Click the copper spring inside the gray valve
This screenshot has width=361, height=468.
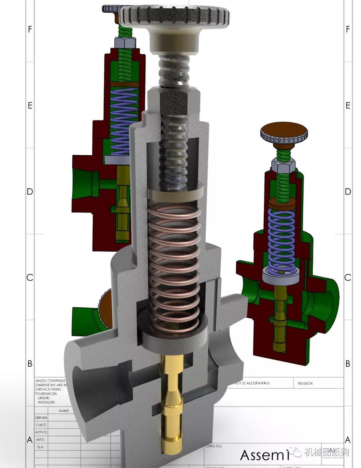(174, 261)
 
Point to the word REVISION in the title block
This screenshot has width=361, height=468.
(305, 383)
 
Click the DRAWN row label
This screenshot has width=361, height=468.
(41, 418)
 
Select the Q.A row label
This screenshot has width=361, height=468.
(40, 447)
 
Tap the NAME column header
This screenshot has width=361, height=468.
(64, 410)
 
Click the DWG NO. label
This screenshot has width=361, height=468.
(214, 446)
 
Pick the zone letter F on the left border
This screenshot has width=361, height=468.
(30, 29)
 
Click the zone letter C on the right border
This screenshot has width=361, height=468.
(348, 278)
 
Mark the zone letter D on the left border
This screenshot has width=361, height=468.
(30, 191)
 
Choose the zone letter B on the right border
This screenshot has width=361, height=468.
(348, 364)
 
